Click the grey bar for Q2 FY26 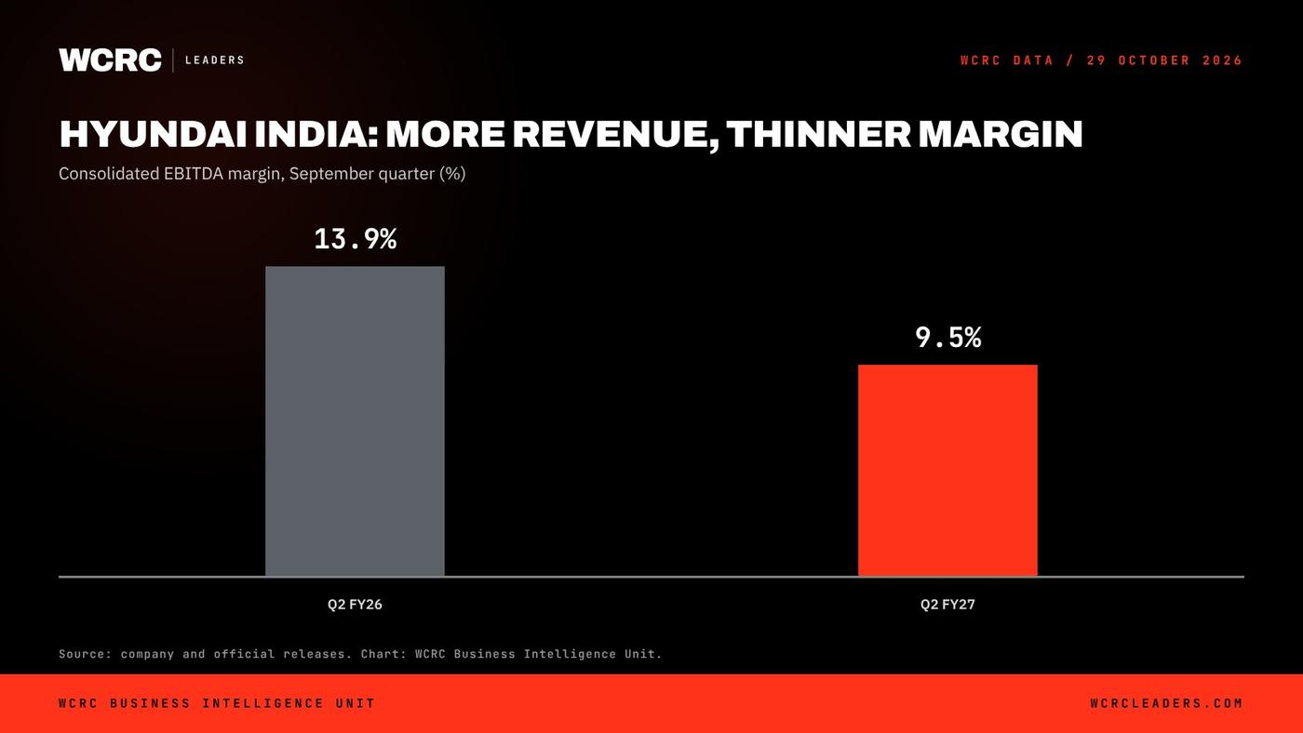(x=355, y=421)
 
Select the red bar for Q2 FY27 (x=947, y=471)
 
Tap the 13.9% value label (x=356, y=239)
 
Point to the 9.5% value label (x=948, y=337)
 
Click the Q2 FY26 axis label (x=355, y=605)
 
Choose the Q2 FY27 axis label (x=947, y=605)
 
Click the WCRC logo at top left (x=110, y=60)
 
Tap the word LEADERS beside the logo (x=215, y=60)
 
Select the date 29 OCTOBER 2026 (x=1164, y=60)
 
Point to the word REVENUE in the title (x=608, y=135)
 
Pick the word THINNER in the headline (x=818, y=134)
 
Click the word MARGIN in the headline (x=1001, y=134)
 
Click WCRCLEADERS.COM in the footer (x=1166, y=703)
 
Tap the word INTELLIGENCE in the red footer (x=262, y=703)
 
